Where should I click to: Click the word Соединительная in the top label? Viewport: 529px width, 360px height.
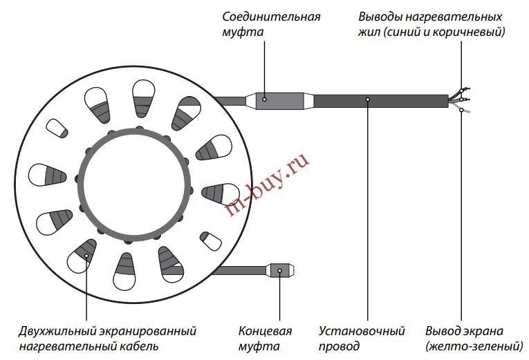click(x=272, y=16)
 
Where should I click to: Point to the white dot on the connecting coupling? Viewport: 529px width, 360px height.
click(x=266, y=100)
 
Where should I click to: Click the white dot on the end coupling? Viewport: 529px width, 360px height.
click(x=280, y=270)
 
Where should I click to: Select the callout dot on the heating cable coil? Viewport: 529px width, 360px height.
click(x=87, y=256)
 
